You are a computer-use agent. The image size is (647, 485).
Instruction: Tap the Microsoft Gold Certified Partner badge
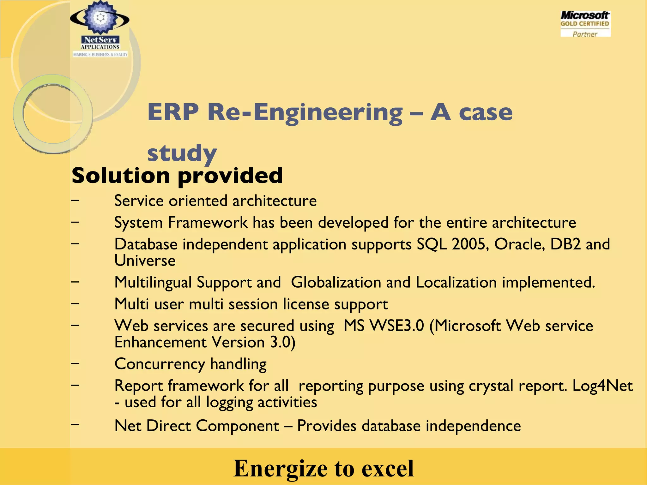click(x=585, y=24)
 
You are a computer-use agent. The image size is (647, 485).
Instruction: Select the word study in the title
click(x=182, y=153)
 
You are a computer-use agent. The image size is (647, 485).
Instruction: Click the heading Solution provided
click(x=177, y=176)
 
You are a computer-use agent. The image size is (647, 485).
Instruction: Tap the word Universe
click(x=145, y=261)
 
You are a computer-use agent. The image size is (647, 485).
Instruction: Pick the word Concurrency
click(x=160, y=364)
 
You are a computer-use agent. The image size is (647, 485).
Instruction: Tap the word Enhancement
click(x=160, y=342)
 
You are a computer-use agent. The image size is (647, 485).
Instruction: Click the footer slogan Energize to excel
click(x=323, y=468)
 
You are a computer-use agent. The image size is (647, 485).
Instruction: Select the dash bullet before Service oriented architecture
click(x=75, y=200)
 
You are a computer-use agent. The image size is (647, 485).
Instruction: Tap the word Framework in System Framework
click(x=208, y=223)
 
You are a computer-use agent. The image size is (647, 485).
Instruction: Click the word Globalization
click(x=336, y=282)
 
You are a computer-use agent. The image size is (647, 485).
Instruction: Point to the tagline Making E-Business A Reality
click(x=100, y=55)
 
